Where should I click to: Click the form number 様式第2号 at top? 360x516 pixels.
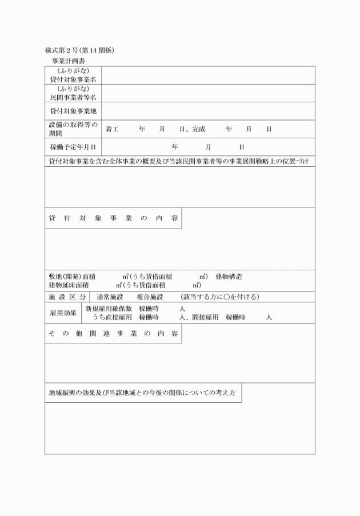(65, 50)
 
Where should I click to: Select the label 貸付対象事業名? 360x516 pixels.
(73, 79)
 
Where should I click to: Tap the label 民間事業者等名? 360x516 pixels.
(73, 97)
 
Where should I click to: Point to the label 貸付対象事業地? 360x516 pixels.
(73, 111)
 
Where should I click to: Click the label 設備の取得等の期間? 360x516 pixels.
(73, 129)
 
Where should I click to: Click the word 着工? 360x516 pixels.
(112, 129)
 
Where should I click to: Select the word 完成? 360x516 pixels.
(194, 129)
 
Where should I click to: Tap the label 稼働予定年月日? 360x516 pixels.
(73, 147)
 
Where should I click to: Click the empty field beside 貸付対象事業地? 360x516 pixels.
(208, 111)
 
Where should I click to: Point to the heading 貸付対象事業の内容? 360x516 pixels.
(113, 218)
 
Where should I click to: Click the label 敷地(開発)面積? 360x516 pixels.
(72, 277)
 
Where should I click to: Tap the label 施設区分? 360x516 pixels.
(67, 297)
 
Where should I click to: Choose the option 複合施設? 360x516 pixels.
(150, 297)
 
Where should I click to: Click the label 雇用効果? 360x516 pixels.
(63, 313)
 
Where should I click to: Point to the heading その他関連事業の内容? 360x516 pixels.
(113, 333)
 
